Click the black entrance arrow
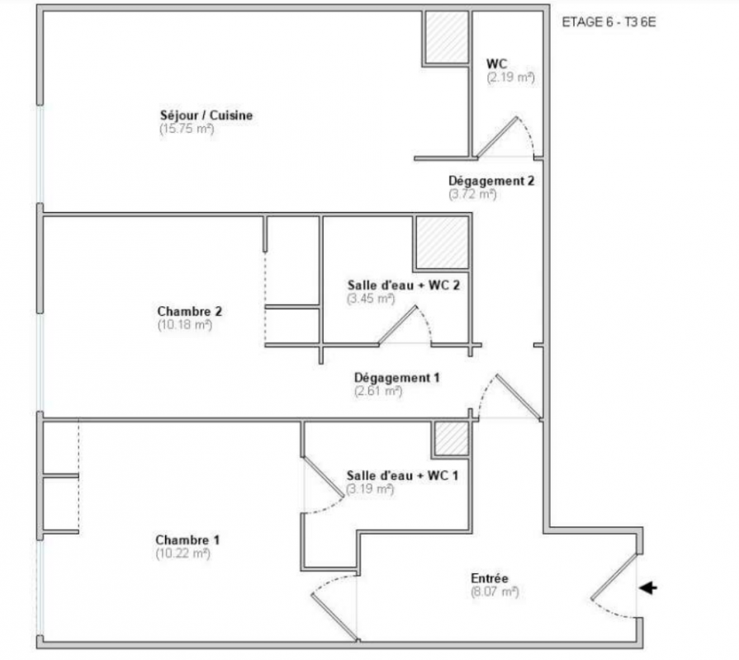(648, 587)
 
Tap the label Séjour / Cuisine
(206, 115)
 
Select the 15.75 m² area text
(187, 129)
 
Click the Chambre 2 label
(189, 311)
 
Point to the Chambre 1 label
(187, 540)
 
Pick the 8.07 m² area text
(495, 592)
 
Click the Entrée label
(489, 578)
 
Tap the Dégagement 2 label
(491, 181)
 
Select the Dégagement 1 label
(397, 378)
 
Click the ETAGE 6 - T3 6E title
(609, 22)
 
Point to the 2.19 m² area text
(511, 78)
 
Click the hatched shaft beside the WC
(447, 37)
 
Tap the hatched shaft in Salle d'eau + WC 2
(443, 243)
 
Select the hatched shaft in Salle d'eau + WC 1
(452, 438)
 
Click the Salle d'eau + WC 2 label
(404, 285)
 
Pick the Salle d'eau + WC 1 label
(402, 475)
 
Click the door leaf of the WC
(497, 137)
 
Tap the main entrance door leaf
(613, 577)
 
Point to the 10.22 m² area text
(182, 554)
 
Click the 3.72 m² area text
(473, 195)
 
